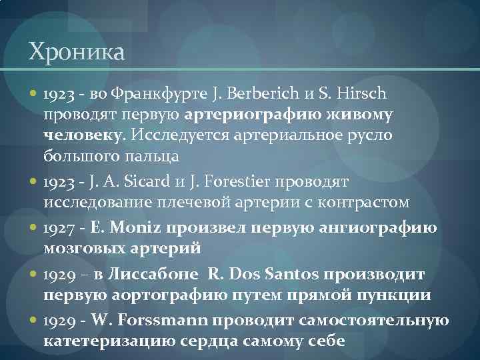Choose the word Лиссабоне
click(x=158, y=275)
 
